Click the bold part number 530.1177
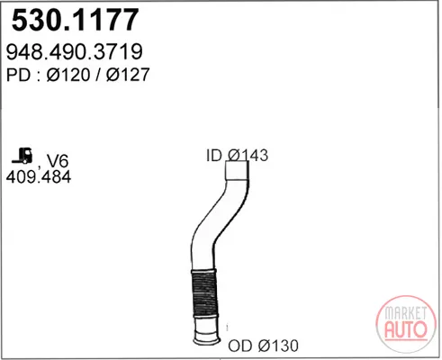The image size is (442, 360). (75, 20)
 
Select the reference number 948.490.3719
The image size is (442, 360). (74, 51)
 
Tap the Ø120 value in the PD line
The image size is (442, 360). (68, 75)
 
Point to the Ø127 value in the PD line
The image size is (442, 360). (128, 75)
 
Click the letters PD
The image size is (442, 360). (18, 75)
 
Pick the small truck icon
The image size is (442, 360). (23, 156)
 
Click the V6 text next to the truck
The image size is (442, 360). (58, 161)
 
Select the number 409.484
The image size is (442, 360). (39, 176)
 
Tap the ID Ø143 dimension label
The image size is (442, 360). (237, 156)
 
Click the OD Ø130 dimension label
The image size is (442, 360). (263, 346)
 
